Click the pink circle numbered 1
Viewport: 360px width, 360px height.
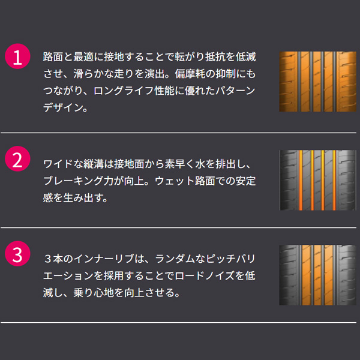(17, 56)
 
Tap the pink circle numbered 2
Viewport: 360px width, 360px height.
(17, 158)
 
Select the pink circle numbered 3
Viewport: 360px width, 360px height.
(17, 253)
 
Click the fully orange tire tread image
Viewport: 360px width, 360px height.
(317, 82)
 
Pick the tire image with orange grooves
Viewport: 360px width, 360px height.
(317, 180)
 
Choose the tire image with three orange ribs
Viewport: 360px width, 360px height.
(317, 275)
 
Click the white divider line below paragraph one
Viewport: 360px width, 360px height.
(178, 133)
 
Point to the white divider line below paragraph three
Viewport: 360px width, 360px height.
(178, 322)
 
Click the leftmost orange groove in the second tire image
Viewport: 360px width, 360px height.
(301, 180)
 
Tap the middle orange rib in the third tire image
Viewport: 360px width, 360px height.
(317, 275)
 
